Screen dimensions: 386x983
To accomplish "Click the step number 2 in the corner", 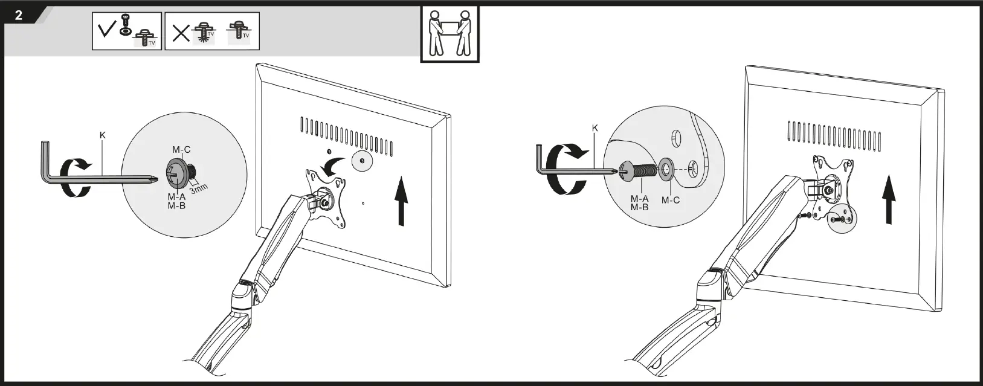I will coord(19,16).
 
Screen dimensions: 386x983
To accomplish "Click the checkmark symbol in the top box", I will coord(106,30).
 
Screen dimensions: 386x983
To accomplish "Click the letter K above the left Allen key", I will coord(103,135).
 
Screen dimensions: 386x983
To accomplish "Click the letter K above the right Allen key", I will coord(595,128).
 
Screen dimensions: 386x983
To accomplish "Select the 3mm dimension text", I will coord(198,188).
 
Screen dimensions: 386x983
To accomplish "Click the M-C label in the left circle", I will coord(181,150).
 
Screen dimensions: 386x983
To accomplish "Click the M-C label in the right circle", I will coord(670,200).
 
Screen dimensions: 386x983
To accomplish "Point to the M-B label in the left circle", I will coord(176,205).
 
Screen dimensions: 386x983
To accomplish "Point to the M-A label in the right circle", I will coord(639,198).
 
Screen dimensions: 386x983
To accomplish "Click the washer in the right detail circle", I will coord(668,170).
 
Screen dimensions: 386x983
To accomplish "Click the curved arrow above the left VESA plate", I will coord(332,165).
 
